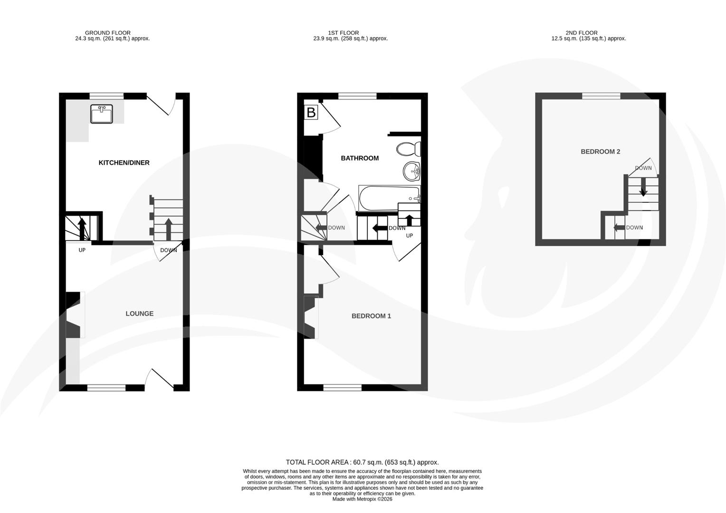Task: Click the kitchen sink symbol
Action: [x=102, y=114]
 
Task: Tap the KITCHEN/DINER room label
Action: [x=124, y=163]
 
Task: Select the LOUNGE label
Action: [x=139, y=313]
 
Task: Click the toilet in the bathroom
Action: [x=409, y=149]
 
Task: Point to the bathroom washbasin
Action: [x=411, y=171]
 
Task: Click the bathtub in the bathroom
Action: [x=389, y=198]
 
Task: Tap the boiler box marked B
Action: [x=311, y=113]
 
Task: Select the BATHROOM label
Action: [x=360, y=158]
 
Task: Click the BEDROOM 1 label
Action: [x=371, y=316]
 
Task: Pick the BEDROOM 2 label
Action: [x=600, y=152]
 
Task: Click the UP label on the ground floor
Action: [x=82, y=250]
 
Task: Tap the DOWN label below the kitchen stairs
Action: [x=168, y=250]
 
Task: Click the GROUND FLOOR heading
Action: [x=108, y=33]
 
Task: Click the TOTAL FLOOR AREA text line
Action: [x=362, y=462]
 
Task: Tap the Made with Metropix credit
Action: [x=362, y=499]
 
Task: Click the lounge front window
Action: [x=106, y=388]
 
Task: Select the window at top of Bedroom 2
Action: [x=601, y=96]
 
